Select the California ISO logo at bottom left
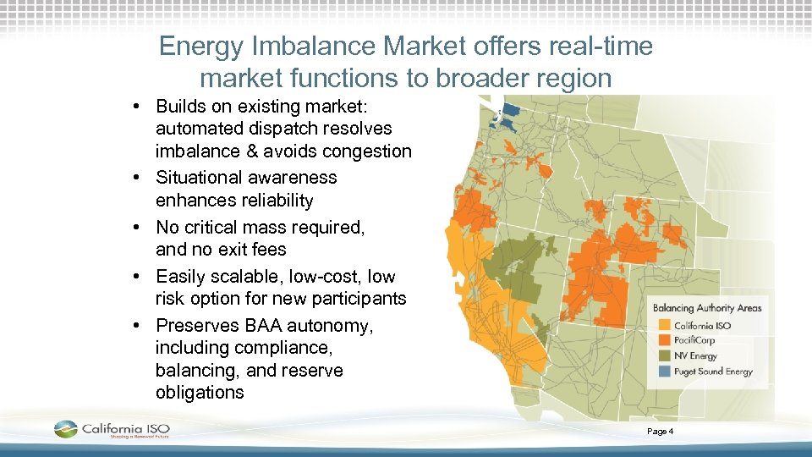[112, 430]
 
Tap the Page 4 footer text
[660, 432]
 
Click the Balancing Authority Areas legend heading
[707, 307]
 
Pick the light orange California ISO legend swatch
[662, 326]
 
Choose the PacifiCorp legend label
[694, 340]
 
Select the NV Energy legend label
[695, 355]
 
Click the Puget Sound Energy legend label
[712, 372]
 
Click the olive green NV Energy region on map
[518, 258]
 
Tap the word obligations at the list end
[200, 393]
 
